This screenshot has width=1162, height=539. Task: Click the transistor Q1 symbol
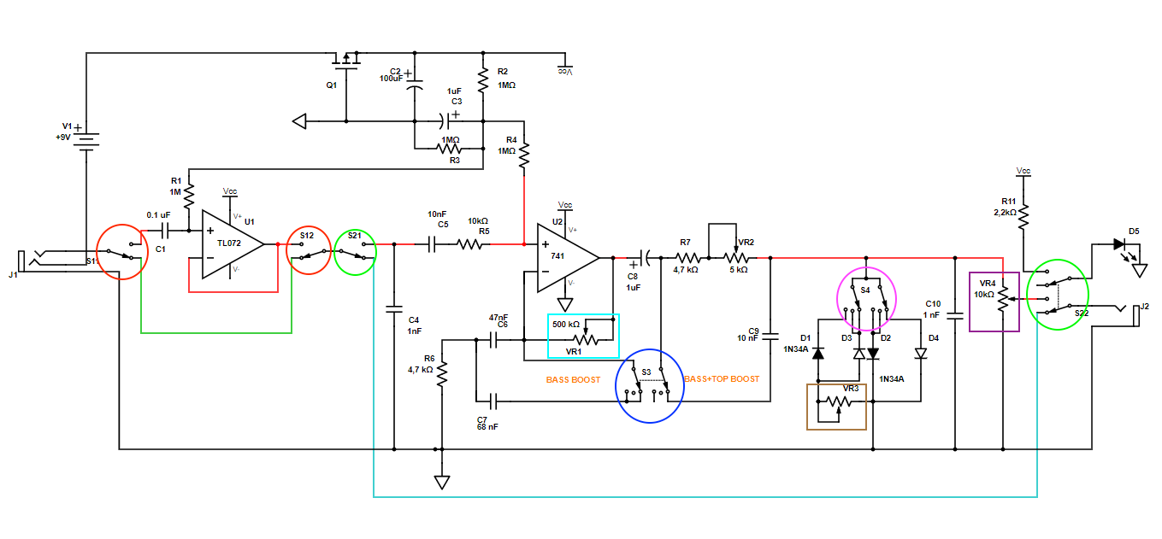click(x=345, y=62)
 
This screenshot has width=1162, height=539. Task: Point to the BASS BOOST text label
click(x=573, y=379)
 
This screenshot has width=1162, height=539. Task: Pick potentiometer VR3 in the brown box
click(x=838, y=406)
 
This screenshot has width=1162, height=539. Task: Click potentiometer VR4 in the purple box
click(x=1003, y=302)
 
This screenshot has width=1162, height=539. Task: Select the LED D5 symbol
click(x=1118, y=243)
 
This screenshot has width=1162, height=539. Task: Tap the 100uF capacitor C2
click(x=414, y=87)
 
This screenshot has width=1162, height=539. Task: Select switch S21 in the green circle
click(x=355, y=251)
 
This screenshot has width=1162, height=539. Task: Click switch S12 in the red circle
click(x=308, y=251)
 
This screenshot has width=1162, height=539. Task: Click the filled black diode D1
click(x=817, y=352)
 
